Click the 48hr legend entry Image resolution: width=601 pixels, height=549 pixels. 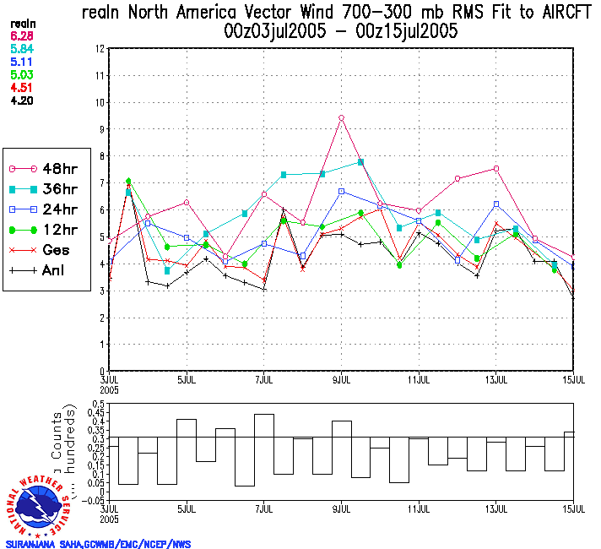pos(42,169)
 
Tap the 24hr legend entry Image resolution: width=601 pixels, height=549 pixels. pos(42,209)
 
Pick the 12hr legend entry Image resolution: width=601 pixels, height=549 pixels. pos(42,230)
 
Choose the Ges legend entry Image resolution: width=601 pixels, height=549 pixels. pos(42,250)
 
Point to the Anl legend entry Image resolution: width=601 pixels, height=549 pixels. pos(42,270)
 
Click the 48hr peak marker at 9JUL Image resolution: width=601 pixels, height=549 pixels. pos(341,117)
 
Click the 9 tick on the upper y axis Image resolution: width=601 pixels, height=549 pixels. pos(101,129)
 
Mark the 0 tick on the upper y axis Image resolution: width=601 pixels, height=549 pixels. pos(101,371)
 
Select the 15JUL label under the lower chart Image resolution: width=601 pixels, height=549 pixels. pos(574,509)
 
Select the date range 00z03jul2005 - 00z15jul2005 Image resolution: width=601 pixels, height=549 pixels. pos(336,32)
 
